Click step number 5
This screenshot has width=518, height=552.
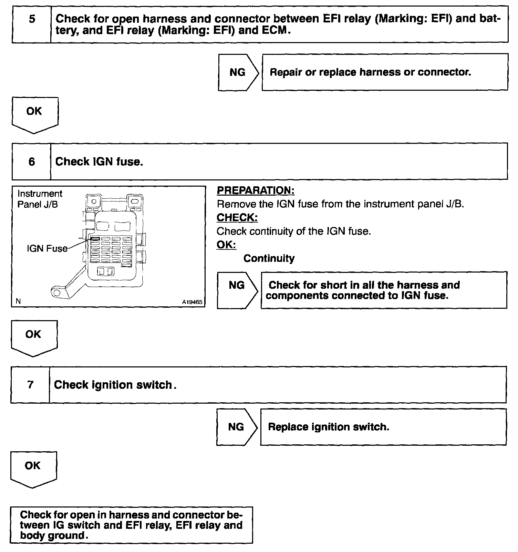click(x=32, y=19)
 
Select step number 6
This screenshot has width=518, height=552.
click(x=32, y=161)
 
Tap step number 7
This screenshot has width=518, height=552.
click(x=31, y=385)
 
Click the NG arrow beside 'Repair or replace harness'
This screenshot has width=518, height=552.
click(x=238, y=72)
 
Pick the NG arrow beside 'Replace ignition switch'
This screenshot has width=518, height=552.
click(x=236, y=427)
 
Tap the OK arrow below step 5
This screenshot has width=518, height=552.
click(x=34, y=114)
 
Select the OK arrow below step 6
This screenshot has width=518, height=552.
click(x=34, y=337)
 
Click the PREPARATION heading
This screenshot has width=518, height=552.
click(x=256, y=190)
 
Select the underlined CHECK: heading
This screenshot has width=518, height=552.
click(x=237, y=218)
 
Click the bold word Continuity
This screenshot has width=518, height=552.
click(x=269, y=258)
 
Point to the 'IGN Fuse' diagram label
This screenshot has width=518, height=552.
click(x=47, y=248)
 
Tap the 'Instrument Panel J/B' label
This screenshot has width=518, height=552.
click(x=40, y=199)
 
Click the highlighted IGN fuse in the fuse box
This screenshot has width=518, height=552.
click(x=95, y=238)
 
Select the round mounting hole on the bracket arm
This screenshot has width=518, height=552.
click(x=57, y=293)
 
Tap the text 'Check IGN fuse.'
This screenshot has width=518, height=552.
click(x=99, y=161)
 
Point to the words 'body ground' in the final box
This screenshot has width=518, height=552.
click(x=52, y=535)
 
